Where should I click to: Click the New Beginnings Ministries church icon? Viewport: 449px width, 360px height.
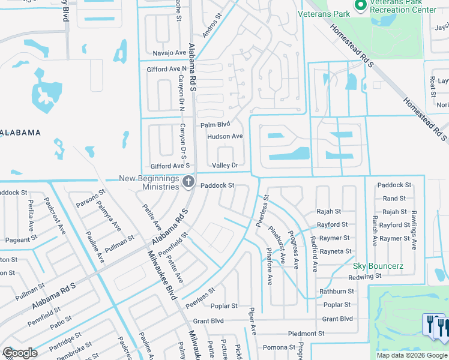(x=188, y=181)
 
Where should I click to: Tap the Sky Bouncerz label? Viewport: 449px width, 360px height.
(x=378, y=266)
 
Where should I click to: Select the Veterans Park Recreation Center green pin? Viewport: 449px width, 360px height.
(x=361, y=7)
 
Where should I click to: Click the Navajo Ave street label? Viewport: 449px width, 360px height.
(x=169, y=53)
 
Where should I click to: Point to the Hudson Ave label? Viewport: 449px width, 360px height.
(x=225, y=136)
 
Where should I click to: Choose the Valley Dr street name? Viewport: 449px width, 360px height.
(x=225, y=165)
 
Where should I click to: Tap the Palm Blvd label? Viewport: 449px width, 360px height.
(x=215, y=125)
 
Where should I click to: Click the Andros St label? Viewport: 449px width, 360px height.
(x=212, y=28)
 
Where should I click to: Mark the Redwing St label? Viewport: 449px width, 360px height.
(x=365, y=277)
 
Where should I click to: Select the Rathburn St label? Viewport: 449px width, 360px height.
(x=337, y=291)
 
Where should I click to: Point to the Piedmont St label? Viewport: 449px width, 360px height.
(x=306, y=333)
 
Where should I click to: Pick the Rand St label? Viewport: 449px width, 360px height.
(x=394, y=199)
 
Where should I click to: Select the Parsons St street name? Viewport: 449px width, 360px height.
(x=91, y=199)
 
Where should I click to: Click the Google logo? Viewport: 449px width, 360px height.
(x=20, y=353)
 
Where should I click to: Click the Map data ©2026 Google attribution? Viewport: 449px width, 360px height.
(x=411, y=355)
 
